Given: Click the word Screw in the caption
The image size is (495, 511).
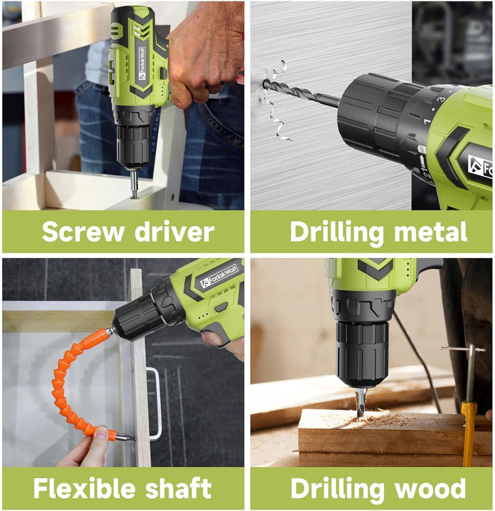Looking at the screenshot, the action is coord(82,231).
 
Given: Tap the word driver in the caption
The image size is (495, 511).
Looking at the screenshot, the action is coord(175,231).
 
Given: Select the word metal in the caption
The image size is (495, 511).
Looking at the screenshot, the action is coord(430,231).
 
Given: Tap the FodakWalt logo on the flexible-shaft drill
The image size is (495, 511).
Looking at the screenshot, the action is coord(219,276).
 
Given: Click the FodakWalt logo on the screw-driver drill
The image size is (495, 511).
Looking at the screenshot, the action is coord(143,63).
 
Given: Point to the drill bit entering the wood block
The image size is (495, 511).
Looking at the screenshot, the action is coord(360,402).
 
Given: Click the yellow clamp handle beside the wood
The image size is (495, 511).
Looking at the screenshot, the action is coord(468,434).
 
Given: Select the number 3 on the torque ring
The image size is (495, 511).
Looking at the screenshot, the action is coord(441,100).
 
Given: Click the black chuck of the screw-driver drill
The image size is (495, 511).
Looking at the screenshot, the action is coord(133,146).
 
